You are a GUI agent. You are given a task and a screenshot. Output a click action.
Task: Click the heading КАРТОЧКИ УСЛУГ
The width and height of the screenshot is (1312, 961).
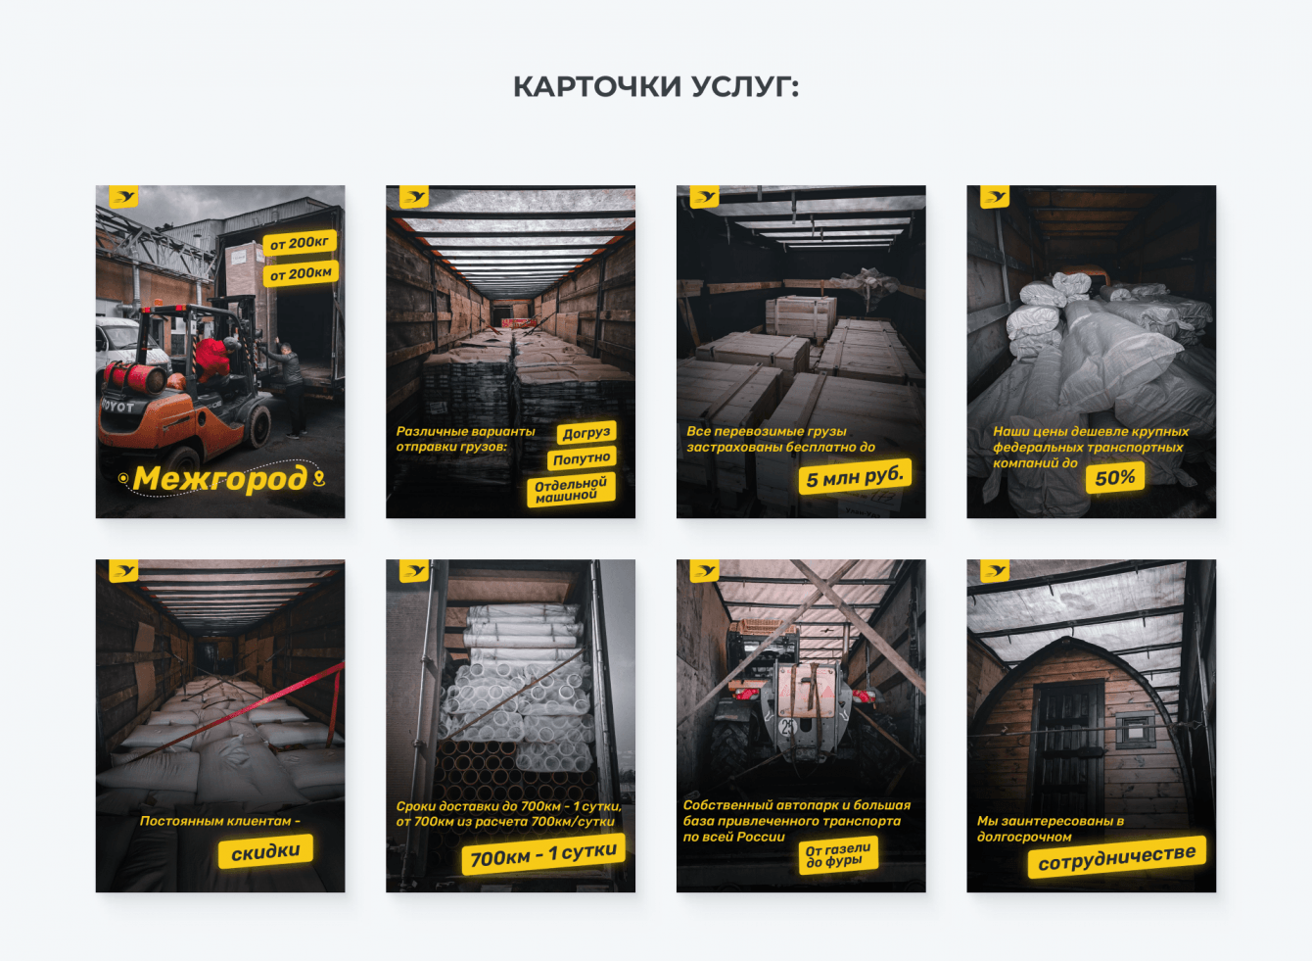(x=656, y=87)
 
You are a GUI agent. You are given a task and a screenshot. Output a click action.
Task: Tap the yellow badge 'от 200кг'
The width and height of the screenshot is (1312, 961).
(x=300, y=243)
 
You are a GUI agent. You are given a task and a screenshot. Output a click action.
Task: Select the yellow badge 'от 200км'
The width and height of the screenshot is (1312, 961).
(x=301, y=273)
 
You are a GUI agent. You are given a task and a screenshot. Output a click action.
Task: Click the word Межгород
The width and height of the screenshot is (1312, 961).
(x=220, y=478)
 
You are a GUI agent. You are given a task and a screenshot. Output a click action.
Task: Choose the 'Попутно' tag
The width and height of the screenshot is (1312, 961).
(x=582, y=458)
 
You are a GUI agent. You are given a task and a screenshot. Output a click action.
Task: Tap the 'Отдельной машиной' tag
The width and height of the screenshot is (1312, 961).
(x=571, y=489)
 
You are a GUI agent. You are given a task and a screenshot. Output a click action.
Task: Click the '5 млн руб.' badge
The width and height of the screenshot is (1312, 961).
(x=855, y=477)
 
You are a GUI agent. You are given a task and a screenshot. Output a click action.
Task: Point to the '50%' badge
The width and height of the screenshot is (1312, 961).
(x=1115, y=478)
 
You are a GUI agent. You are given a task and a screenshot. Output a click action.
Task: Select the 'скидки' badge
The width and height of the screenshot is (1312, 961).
(x=265, y=851)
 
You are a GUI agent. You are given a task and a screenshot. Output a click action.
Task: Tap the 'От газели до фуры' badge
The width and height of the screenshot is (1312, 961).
(x=838, y=855)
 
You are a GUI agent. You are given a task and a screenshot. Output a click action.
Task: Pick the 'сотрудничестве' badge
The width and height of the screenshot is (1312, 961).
(x=1117, y=857)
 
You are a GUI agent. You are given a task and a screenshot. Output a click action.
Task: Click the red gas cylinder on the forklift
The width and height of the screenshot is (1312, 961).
(x=136, y=377)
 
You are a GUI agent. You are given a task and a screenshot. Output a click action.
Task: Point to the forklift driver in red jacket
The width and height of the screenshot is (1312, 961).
(x=213, y=359)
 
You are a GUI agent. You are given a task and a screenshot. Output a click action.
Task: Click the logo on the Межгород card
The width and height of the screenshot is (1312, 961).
(x=123, y=197)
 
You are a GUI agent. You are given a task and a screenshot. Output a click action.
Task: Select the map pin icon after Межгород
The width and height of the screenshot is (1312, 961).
(x=318, y=478)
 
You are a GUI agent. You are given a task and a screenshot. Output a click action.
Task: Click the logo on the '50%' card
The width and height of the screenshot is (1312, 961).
(x=995, y=197)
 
